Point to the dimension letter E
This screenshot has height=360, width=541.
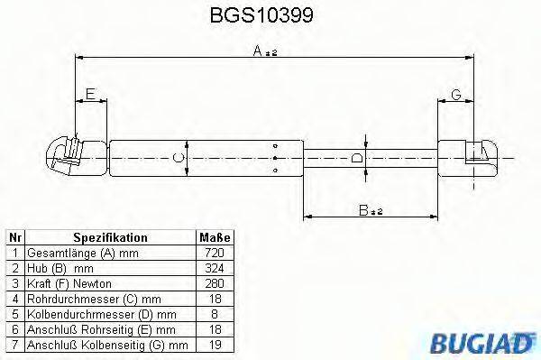point(89,93)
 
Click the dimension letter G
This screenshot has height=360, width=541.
point(456,94)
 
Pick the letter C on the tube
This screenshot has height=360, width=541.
point(179,159)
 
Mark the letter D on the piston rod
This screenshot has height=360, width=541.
point(358,160)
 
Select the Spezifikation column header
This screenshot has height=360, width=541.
point(109,237)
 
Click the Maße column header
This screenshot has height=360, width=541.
point(214,237)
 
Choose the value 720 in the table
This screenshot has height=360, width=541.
point(214,253)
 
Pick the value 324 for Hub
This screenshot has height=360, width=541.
point(214,268)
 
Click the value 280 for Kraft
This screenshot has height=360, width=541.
point(214,283)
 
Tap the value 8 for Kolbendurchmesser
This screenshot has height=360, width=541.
point(214,314)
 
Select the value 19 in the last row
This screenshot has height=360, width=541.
point(214,345)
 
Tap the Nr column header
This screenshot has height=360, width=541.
point(14,237)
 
